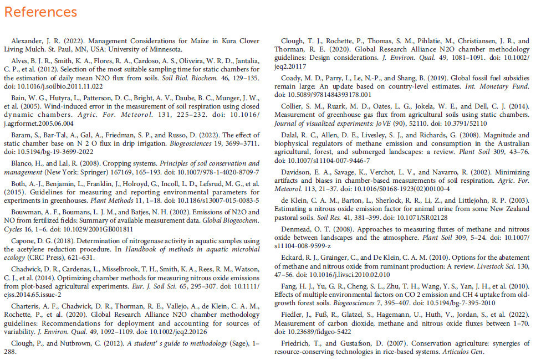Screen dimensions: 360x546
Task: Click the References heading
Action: pyautogui.click(x=40, y=12)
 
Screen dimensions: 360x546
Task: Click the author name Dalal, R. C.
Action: pyautogui.click(x=297, y=135)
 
